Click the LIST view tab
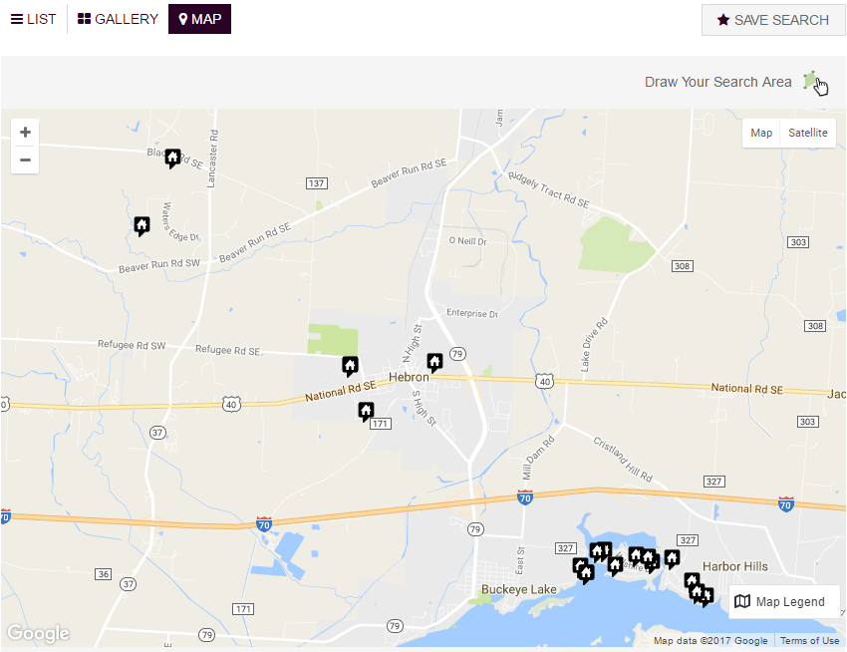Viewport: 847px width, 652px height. click(34, 19)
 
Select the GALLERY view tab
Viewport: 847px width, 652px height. click(118, 19)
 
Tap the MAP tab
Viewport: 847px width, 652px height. click(199, 19)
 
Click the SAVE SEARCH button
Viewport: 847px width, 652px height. click(773, 20)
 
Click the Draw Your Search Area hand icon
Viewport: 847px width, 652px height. click(816, 83)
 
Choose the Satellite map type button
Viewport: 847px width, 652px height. click(807, 134)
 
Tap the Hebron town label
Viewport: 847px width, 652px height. click(409, 378)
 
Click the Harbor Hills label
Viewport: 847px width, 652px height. click(735, 566)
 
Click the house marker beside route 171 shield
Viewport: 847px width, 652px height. click(366, 410)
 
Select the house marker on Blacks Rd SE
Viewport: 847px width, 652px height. click(172, 158)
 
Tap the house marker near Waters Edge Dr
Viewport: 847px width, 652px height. click(141, 225)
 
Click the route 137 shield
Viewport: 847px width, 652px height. click(316, 183)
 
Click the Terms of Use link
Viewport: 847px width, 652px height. click(809, 641)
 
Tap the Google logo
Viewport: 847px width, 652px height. click(38, 633)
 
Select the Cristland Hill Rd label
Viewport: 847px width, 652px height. click(622, 458)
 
